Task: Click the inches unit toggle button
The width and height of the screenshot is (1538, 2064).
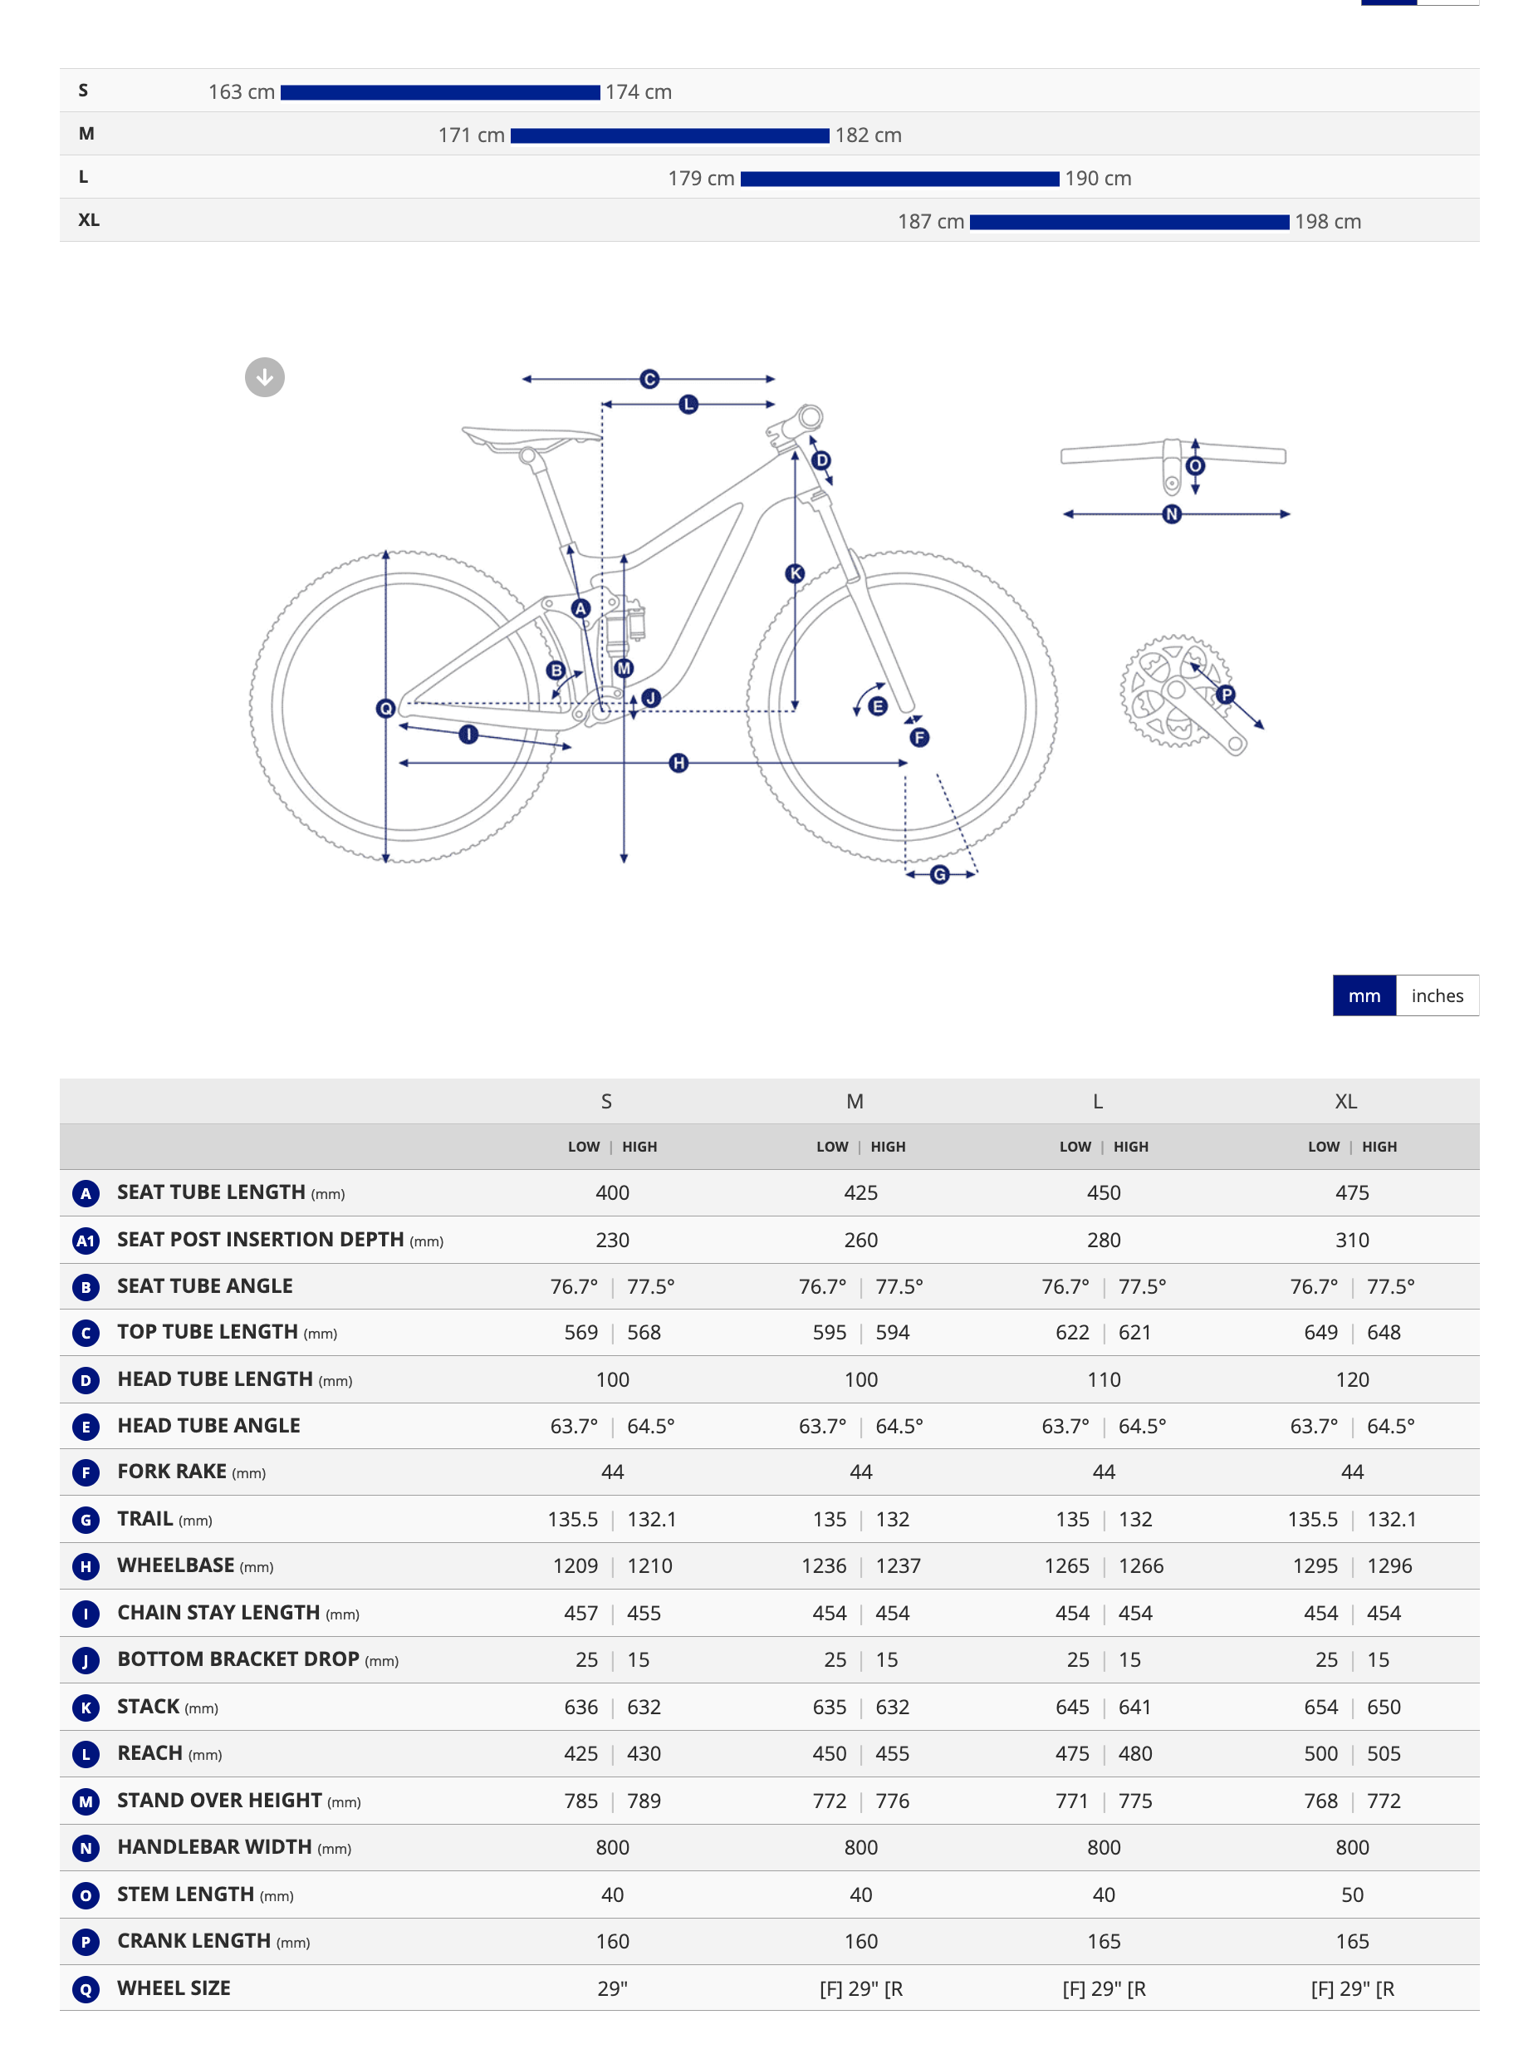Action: [x=1437, y=995]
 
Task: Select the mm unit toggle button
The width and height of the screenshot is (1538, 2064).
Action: [x=1364, y=995]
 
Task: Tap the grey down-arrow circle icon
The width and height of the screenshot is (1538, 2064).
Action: [x=264, y=377]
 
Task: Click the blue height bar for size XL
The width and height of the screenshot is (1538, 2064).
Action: [x=1129, y=222]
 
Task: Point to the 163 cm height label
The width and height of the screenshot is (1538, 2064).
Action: [x=241, y=92]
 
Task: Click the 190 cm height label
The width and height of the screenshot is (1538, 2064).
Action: [x=1098, y=179]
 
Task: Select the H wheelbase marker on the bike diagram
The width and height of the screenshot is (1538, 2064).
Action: [x=678, y=763]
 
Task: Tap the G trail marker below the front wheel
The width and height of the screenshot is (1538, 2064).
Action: [x=939, y=875]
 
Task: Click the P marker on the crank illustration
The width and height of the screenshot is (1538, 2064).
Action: [x=1226, y=694]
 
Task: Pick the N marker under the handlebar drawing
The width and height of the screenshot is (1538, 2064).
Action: [x=1172, y=514]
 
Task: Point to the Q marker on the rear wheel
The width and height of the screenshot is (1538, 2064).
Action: [x=385, y=709]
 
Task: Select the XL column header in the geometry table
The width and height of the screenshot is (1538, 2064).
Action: [x=1345, y=1101]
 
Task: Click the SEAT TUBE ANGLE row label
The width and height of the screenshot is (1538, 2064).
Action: [x=205, y=1286]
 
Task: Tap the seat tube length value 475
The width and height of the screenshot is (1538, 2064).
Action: [x=1352, y=1193]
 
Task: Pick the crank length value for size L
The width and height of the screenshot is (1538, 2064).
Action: [x=1103, y=1941]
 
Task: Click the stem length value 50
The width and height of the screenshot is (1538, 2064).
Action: [x=1352, y=1894]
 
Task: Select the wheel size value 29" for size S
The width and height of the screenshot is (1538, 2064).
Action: [x=613, y=1988]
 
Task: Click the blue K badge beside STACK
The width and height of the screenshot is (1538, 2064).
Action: [x=86, y=1708]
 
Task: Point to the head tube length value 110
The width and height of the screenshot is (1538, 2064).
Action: [x=1103, y=1379]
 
